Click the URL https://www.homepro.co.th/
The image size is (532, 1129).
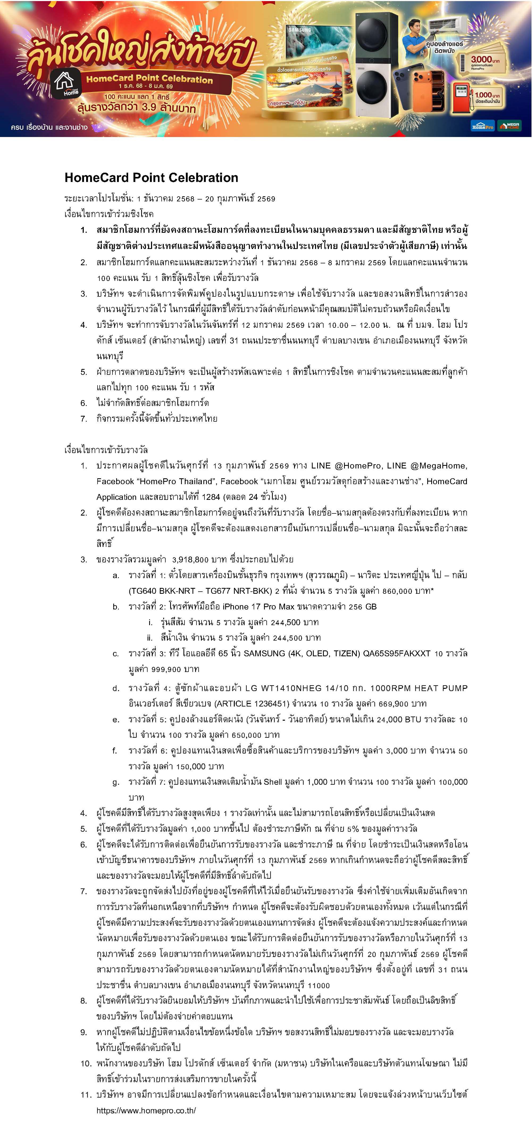click(x=146, y=1110)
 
